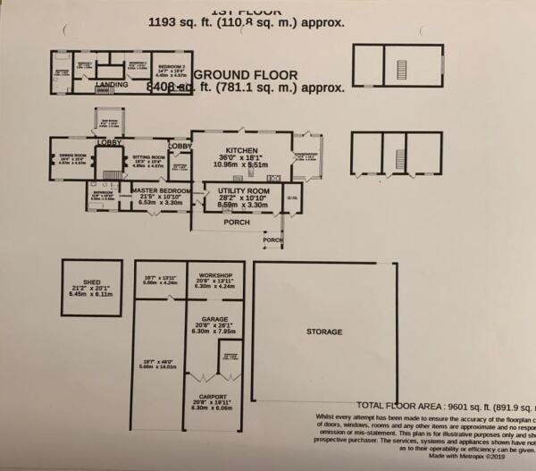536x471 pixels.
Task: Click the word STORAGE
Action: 324,332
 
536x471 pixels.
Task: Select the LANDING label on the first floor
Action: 112,85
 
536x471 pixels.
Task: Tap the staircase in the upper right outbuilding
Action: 399,65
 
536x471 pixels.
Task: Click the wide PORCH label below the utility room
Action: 236,223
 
